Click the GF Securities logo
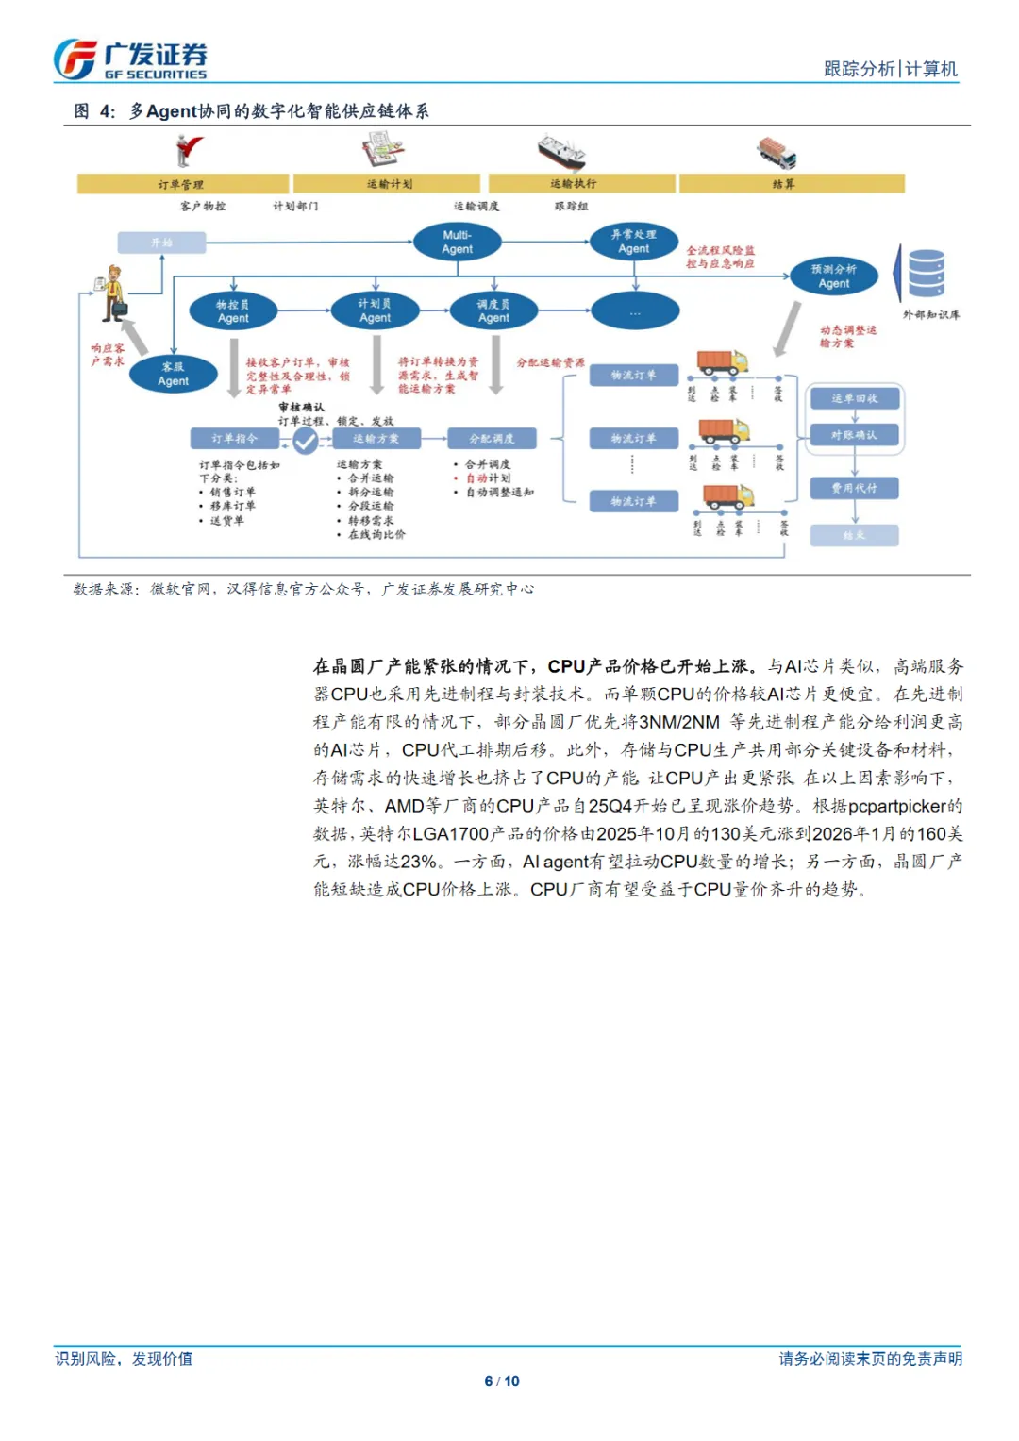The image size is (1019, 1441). coord(129,59)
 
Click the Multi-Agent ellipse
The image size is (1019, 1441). coord(457,243)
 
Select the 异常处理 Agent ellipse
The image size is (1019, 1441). coord(633,242)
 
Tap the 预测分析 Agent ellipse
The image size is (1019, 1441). coord(833,276)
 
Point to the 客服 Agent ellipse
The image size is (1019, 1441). coord(173,374)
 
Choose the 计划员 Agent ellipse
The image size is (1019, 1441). coord(375,310)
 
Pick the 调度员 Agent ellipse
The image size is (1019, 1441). coord(493,310)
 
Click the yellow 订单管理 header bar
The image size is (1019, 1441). coord(182,184)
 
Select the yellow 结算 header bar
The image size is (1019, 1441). coord(791,184)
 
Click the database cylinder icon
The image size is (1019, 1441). coord(926,274)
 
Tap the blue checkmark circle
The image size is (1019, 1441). coord(305,440)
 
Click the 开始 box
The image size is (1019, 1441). coord(161,243)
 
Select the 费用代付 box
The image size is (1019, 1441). coord(854,488)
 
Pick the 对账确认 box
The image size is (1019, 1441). coord(854,435)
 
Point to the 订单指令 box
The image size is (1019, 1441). coord(234,439)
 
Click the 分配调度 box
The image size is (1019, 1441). coord(492,439)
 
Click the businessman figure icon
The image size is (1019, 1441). coord(113,291)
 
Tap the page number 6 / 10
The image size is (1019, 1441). coord(502,1382)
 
